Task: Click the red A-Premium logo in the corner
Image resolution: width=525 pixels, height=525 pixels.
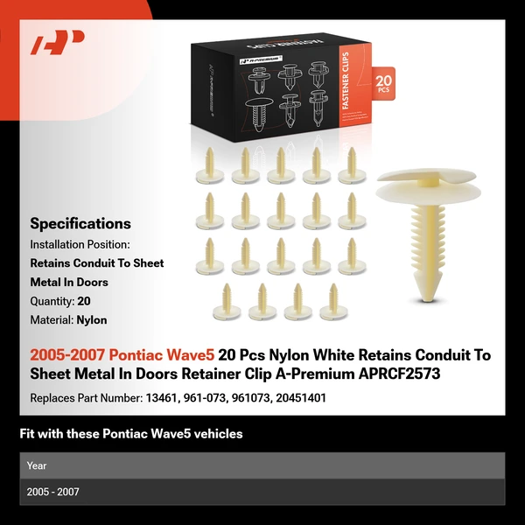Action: coord(57,41)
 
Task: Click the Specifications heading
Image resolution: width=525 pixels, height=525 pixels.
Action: coord(80,223)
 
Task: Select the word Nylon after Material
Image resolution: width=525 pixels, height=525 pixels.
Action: coord(92,320)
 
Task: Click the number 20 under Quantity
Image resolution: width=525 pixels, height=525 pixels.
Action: coord(84,301)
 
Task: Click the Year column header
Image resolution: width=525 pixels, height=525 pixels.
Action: coord(37,465)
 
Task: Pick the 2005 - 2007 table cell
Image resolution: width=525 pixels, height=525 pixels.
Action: coord(52,492)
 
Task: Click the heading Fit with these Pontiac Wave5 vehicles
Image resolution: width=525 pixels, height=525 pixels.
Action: coord(131,434)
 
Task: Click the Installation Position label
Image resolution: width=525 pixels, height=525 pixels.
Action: coord(80,244)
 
